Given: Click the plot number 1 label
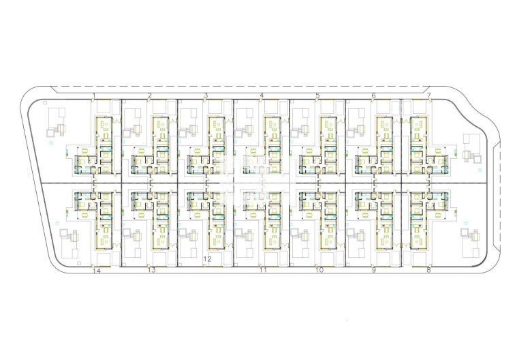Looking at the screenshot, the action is [x=94, y=95].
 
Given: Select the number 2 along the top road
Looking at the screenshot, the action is [x=150, y=95].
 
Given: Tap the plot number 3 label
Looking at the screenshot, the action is [x=206, y=95].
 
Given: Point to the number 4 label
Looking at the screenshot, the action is [x=262, y=95].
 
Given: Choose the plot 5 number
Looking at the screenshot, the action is [x=317, y=95].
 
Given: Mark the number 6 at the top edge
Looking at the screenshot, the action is [x=373, y=95].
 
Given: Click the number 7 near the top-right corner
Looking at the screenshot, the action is [x=429, y=95].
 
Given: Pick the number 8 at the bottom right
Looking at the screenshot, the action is [x=428, y=270].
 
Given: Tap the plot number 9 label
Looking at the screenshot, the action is [x=373, y=270].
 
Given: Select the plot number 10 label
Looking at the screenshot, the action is [x=319, y=270].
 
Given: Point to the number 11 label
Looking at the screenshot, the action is [x=263, y=270].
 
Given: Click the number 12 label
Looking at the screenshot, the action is [x=207, y=259].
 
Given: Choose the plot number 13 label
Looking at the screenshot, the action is [x=152, y=270].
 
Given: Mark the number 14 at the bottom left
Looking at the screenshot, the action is [x=97, y=271].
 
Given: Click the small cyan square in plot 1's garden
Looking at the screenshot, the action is [x=50, y=142].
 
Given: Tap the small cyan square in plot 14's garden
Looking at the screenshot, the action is [x=57, y=223].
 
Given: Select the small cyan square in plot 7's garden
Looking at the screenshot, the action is [x=480, y=170].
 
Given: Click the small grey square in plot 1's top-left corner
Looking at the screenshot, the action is [x=45, y=103].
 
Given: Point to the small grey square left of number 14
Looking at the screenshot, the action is [x=78, y=264].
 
